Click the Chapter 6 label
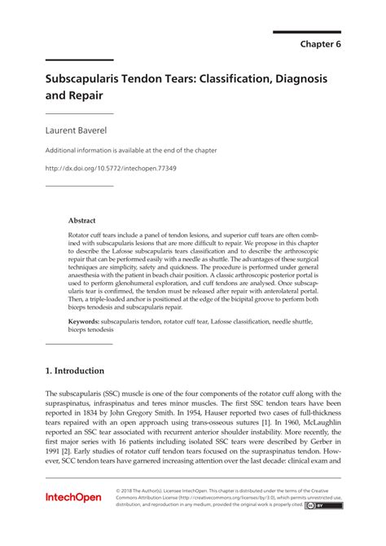pos(319,44)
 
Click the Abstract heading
pos(81,220)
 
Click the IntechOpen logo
pos(72,496)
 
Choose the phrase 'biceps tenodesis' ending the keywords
pos(91,331)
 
